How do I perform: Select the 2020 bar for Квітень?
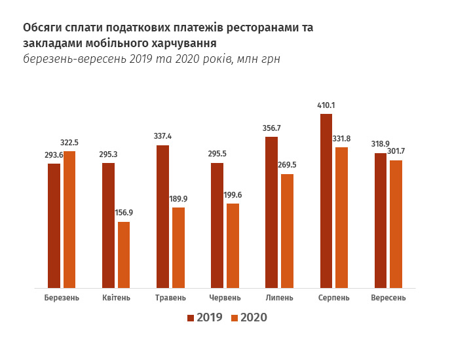(x=124, y=255)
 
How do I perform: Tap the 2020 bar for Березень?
(x=69, y=219)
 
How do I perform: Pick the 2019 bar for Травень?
(x=162, y=217)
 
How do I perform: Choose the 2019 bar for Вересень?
(x=381, y=221)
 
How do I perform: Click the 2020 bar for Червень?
(x=233, y=245)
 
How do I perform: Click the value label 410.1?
(x=326, y=105)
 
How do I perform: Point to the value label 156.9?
(x=124, y=213)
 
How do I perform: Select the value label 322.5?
(x=69, y=142)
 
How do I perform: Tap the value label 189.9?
(x=178, y=198)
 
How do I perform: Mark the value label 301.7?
(x=396, y=151)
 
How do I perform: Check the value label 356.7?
(x=271, y=128)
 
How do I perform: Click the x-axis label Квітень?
(x=117, y=298)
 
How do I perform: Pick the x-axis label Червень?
(x=225, y=298)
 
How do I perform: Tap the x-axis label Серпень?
(x=333, y=298)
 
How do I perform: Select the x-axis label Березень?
(x=62, y=298)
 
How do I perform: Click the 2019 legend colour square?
(x=191, y=317)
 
